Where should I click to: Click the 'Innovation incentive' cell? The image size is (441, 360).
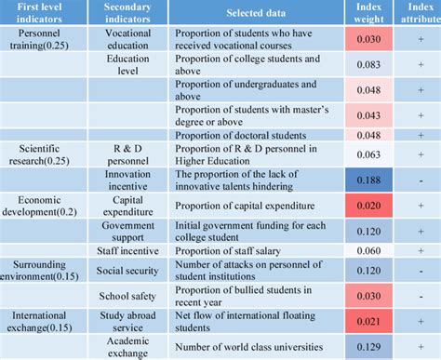pyautogui.click(x=127, y=180)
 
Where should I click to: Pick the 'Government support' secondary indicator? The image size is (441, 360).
pyautogui.click(x=127, y=232)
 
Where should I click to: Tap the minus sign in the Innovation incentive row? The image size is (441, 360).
pyautogui.click(x=421, y=180)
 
